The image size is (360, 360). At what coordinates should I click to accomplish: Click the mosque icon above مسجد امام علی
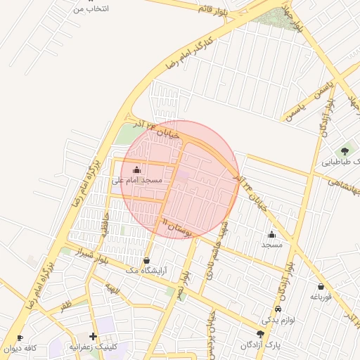[x=136, y=169]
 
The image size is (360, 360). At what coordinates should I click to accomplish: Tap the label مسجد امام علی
[x=136, y=181]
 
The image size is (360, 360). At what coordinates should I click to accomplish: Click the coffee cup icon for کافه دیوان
[x=20, y=337]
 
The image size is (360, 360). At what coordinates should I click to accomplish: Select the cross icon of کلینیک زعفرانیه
[x=93, y=336]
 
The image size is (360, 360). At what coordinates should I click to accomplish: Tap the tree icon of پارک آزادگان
[x=261, y=334]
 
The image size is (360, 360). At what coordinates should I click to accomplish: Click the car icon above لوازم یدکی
[x=278, y=309]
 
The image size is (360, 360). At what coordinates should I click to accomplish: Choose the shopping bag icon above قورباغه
[x=321, y=286]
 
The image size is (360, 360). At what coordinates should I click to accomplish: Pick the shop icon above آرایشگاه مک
[x=146, y=259]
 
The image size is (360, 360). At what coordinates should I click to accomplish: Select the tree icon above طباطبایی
[x=345, y=150]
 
